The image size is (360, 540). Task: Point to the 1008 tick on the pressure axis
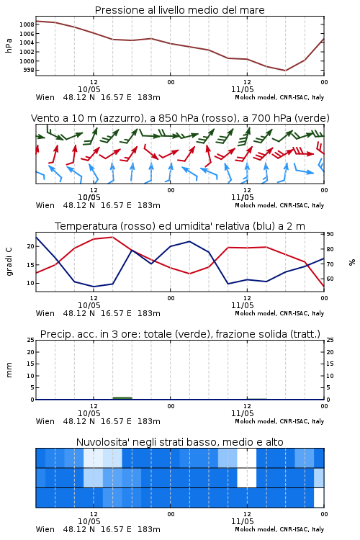pyautogui.click(x=27, y=24)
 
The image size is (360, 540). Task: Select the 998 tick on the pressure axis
pyautogui.click(x=29, y=71)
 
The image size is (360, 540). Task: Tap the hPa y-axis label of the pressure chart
pyautogui.click(x=9, y=45)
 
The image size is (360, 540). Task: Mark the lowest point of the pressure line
pyautogui.click(x=285, y=71)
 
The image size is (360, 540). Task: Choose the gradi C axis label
pyautogui.click(x=9, y=262)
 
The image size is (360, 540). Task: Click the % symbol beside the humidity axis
pyautogui.click(x=352, y=262)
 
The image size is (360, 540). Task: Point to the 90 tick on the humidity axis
pyautogui.click(x=330, y=234)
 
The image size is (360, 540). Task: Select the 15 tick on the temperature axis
pyautogui.click(x=31, y=265)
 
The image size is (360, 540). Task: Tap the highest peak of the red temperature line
pyautogui.click(x=112, y=237)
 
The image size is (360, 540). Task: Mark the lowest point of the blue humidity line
pyautogui.click(x=94, y=287)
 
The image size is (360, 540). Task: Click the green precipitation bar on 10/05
pyautogui.click(x=122, y=398)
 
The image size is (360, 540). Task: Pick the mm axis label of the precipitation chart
pyautogui.click(x=9, y=370)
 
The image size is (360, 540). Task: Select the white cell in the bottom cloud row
pyautogui.click(x=319, y=498)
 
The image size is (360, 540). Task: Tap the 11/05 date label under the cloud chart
pyautogui.click(x=242, y=521)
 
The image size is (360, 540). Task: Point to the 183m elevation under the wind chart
pyautogui.click(x=149, y=205)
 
